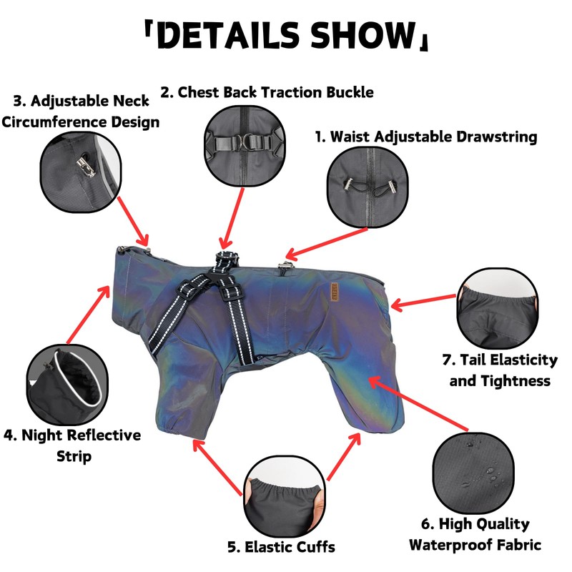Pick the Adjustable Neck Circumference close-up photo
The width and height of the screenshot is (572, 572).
coord(79,171)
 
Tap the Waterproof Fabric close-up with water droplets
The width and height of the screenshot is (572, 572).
coord(473,472)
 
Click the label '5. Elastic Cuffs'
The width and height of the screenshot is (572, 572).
coord(281,548)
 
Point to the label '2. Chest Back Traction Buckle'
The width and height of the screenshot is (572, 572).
coord(267,92)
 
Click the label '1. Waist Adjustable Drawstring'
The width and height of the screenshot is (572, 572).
coord(426,137)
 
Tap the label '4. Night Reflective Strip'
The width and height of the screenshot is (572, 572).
coord(73,445)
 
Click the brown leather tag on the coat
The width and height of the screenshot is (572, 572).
coord(335,292)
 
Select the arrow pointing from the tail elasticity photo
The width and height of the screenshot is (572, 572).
coord(423,302)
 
